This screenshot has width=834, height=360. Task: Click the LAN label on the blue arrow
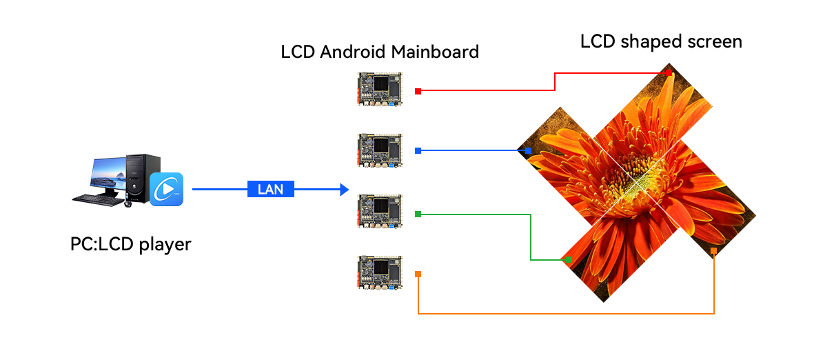(x=270, y=190)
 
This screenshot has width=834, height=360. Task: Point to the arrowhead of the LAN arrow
(x=345, y=190)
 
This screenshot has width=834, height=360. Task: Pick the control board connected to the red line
(x=380, y=89)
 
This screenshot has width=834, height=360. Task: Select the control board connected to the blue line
(x=380, y=150)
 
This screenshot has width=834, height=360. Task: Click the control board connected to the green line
(x=380, y=212)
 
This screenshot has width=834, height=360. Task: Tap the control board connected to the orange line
(x=380, y=272)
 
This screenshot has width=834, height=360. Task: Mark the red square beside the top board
(x=418, y=90)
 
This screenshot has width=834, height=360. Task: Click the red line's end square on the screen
(x=669, y=72)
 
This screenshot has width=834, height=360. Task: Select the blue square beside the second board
(x=418, y=150)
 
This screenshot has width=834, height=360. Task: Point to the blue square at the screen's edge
(x=528, y=150)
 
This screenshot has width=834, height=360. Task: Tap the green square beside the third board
(x=418, y=215)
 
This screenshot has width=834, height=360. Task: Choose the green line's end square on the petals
(x=569, y=260)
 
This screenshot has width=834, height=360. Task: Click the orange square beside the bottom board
(x=418, y=274)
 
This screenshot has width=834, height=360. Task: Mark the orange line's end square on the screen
(x=713, y=251)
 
